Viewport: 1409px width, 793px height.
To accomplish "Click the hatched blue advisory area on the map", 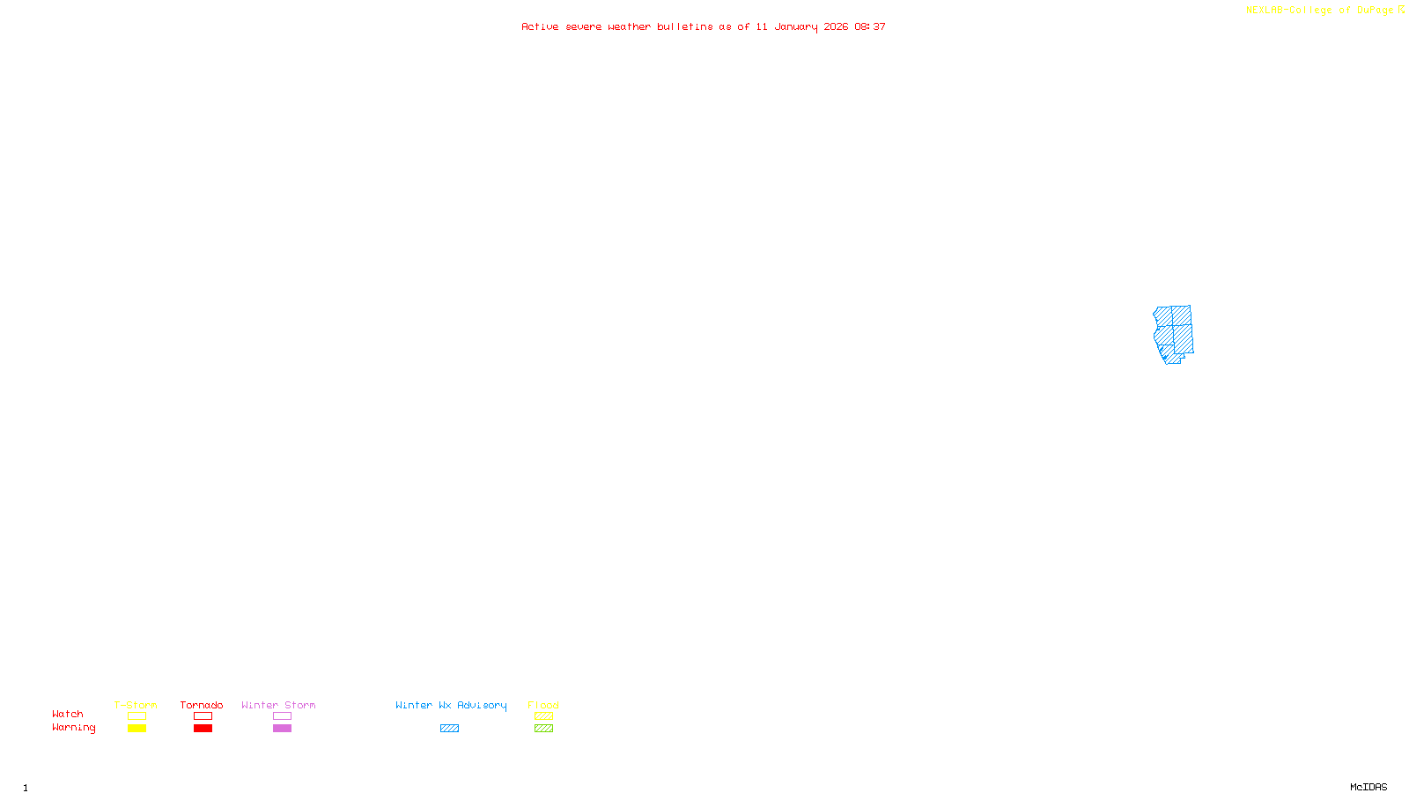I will (1174, 333).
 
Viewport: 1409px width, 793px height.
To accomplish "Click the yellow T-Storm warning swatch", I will (136, 729).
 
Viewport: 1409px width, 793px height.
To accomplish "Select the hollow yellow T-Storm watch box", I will (136, 716).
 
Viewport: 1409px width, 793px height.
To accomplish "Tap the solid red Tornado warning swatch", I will (203, 729).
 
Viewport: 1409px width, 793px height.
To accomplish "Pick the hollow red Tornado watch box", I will (203, 716).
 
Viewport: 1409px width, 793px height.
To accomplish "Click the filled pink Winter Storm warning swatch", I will (282, 729).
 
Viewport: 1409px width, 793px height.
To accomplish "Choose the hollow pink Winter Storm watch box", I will (282, 716).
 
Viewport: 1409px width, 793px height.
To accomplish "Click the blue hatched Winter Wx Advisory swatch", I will (449, 729).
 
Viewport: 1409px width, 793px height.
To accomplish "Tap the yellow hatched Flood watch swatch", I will (543, 716).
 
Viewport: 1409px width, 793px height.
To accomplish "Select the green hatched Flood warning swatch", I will (543, 729).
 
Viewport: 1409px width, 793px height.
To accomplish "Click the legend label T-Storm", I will (136, 705).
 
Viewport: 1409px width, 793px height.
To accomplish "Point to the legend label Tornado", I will (202, 705).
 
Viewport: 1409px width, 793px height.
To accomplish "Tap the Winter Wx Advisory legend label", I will (451, 705).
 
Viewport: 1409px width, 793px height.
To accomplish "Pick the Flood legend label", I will (543, 705).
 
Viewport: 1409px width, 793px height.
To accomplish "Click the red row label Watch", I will (68, 714).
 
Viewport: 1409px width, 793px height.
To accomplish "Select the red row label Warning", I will (73, 728).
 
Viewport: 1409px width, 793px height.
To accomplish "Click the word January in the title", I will (795, 26).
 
